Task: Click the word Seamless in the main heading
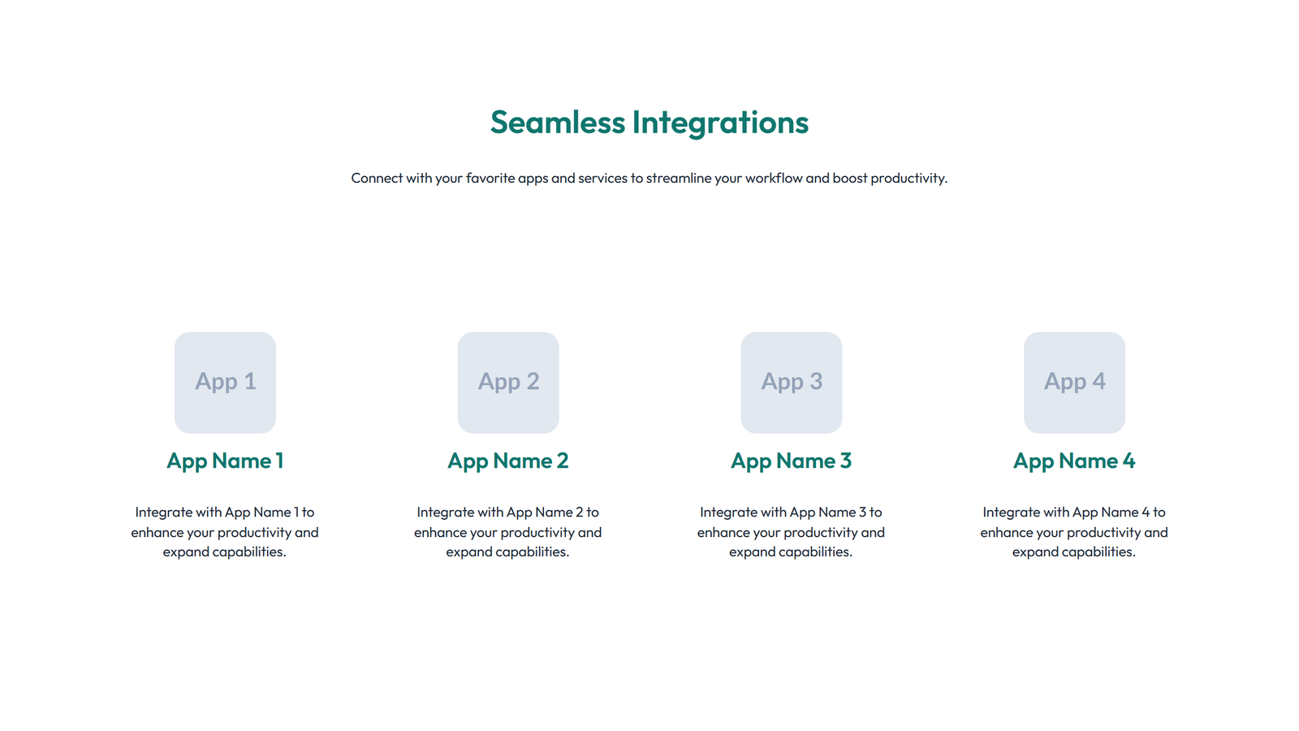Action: pyautogui.click(x=557, y=123)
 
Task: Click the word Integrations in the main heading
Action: pyautogui.click(x=720, y=123)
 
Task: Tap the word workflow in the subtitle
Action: pyautogui.click(x=773, y=178)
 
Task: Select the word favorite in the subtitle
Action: pyautogui.click(x=490, y=178)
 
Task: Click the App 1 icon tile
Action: pyautogui.click(x=225, y=382)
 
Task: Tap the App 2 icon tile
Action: pyautogui.click(x=508, y=382)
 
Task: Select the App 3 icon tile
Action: pyautogui.click(x=791, y=382)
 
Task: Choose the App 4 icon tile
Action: pyautogui.click(x=1074, y=382)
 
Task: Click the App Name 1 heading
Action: pyautogui.click(x=225, y=461)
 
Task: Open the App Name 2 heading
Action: pyautogui.click(x=508, y=461)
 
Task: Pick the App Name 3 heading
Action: pyautogui.click(x=791, y=461)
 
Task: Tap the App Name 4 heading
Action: pyautogui.click(x=1074, y=461)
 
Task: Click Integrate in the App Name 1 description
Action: pyautogui.click(x=163, y=513)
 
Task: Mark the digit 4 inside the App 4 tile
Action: pyautogui.click(x=1098, y=381)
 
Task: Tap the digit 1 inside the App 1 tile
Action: pyautogui.click(x=249, y=381)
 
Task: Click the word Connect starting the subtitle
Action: pyautogui.click(x=377, y=178)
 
